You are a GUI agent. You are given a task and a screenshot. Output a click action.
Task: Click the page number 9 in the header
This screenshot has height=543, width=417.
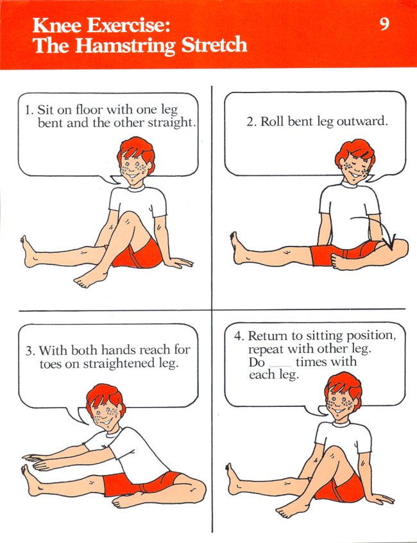[x=384, y=24]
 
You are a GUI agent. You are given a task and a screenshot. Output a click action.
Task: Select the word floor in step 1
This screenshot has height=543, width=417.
[x=89, y=109]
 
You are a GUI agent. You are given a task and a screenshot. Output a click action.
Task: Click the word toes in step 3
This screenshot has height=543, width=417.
[x=52, y=364]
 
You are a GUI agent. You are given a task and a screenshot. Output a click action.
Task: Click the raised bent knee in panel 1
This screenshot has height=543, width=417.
[x=128, y=219]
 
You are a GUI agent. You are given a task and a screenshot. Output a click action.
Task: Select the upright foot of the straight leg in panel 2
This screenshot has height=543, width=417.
[x=238, y=248]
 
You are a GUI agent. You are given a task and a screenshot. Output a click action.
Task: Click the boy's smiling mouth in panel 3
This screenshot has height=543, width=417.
[x=106, y=422]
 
